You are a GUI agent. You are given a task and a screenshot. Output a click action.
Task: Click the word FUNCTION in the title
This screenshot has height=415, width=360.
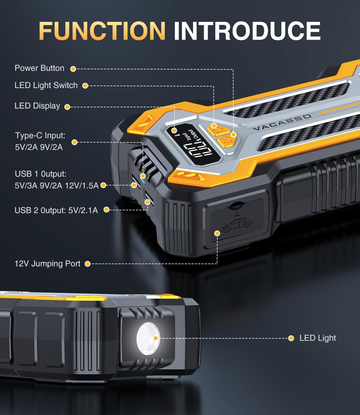[x=102, y=31]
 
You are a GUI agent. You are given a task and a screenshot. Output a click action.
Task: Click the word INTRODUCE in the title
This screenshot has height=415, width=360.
[x=247, y=31]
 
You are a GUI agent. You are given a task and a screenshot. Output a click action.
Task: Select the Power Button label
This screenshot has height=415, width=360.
[x=39, y=68]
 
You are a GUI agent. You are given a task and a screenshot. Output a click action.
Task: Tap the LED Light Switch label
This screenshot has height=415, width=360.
[x=46, y=85]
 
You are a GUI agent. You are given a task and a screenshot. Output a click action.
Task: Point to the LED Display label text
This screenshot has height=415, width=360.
[x=37, y=106]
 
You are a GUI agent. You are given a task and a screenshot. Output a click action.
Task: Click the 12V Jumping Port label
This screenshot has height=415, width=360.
[x=47, y=264]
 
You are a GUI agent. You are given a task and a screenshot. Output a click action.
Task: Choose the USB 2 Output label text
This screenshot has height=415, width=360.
[x=56, y=211]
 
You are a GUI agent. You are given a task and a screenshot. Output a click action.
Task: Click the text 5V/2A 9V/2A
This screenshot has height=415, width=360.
[x=39, y=147]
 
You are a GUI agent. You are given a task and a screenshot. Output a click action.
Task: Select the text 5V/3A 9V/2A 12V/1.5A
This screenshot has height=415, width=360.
[x=57, y=186]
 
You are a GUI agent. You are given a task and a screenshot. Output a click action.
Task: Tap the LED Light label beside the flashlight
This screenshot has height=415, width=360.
[x=318, y=338]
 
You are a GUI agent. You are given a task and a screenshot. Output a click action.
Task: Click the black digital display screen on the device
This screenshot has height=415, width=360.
[x=193, y=144]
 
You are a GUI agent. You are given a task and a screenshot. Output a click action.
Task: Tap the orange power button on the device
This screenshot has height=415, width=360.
[x=227, y=141]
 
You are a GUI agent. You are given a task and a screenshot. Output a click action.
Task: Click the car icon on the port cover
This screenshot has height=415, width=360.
[x=236, y=225]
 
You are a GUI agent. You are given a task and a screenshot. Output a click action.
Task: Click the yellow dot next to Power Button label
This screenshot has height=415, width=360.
[x=73, y=69]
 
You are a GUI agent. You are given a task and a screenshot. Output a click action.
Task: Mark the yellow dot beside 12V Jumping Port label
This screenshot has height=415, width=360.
[x=88, y=264]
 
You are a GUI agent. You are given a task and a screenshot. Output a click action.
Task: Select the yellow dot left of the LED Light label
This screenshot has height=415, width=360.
[x=291, y=338]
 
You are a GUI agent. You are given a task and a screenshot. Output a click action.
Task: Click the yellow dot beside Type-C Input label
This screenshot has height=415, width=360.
[x=74, y=142]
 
